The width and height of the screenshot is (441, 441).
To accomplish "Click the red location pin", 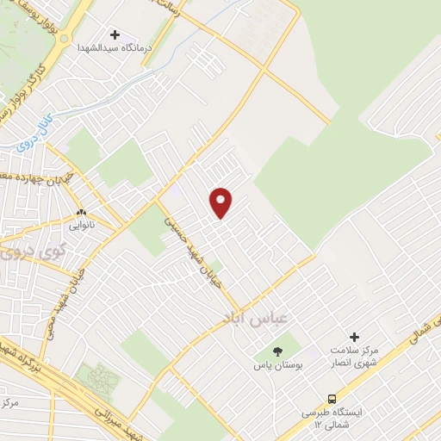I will (x=222, y=202).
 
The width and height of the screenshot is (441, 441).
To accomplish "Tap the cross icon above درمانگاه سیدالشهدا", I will (x=127, y=35).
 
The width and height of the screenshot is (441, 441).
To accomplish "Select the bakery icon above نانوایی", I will (x=82, y=212).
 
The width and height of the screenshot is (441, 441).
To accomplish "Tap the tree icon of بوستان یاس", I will (x=277, y=351).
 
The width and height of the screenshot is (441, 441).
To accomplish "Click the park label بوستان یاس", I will (x=277, y=365).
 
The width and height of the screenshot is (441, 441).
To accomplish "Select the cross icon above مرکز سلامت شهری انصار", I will (x=354, y=337).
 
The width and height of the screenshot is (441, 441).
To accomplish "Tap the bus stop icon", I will (x=332, y=399).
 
